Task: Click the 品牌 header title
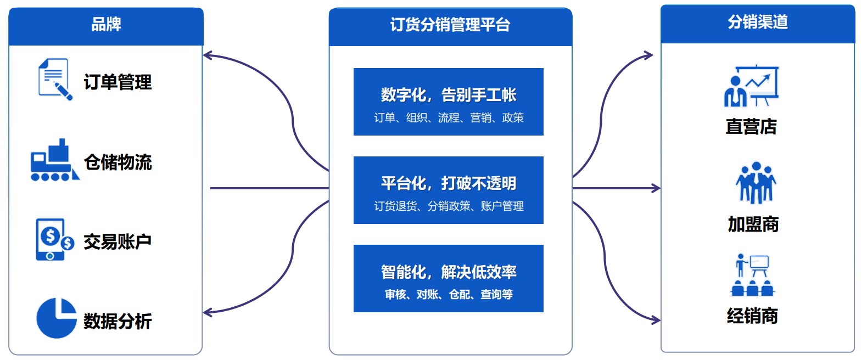point(106,24)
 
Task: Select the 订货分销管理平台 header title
point(450,25)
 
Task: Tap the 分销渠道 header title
point(758,21)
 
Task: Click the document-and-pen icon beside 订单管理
point(55,79)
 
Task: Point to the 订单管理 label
point(118,82)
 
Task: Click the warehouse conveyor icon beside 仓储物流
point(55,160)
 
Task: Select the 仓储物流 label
point(118,162)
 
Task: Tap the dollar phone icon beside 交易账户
point(54,239)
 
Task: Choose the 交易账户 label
point(118,241)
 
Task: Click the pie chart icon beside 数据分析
point(57,318)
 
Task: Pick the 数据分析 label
point(118,322)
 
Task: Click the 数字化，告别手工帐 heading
point(449,95)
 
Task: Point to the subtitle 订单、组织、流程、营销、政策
point(449,117)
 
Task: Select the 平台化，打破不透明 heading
point(449,183)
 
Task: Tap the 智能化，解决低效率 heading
point(449,272)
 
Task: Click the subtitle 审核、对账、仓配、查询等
point(449,294)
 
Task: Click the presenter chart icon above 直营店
point(751,86)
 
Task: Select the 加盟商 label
point(753,224)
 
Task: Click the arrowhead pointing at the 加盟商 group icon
point(656,188)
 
